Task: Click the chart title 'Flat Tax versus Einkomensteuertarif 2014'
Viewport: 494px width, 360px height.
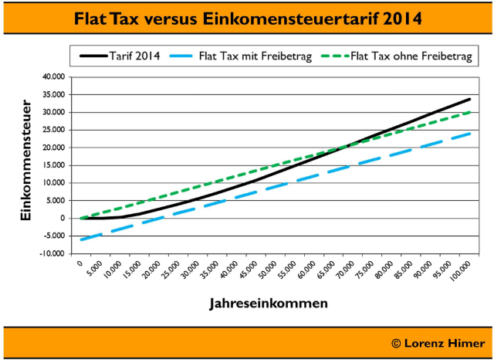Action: pyautogui.click(x=247, y=18)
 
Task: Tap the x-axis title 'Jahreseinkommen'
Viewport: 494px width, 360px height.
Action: pyautogui.click(x=268, y=304)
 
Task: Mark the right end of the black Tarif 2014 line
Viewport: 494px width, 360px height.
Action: pyautogui.click(x=470, y=99)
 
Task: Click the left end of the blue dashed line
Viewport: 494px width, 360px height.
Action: pyautogui.click(x=80, y=239)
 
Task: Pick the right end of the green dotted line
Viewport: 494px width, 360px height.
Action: pyautogui.click(x=470, y=112)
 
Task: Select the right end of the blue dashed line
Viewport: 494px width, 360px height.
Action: pyautogui.click(x=470, y=133)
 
